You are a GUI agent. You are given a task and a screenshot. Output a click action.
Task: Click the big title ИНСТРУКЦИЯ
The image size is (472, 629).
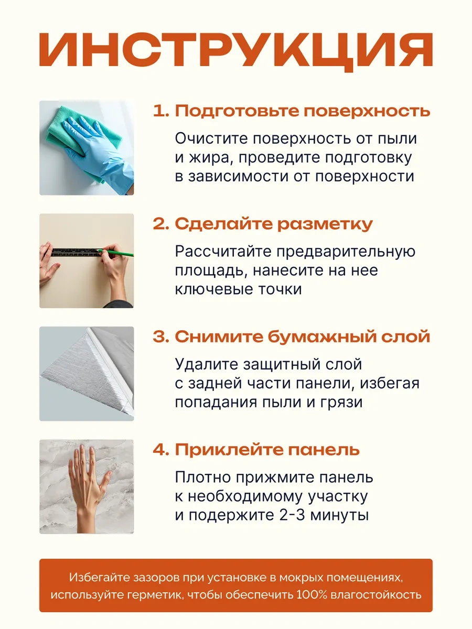[x=236, y=51]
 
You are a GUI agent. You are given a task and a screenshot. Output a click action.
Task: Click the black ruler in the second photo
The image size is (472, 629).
[x=77, y=252]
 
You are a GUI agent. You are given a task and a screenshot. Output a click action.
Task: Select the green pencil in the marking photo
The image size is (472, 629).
[x=116, y=253]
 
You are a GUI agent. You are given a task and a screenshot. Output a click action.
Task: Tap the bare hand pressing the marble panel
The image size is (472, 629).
[x=88, y=494]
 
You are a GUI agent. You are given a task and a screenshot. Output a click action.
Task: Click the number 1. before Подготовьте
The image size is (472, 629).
[x=161, y=111]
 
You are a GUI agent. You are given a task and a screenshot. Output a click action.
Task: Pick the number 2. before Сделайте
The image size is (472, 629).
[x=161, y=224]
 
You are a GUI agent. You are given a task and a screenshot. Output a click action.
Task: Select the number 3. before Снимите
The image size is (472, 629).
[x=161, y=337]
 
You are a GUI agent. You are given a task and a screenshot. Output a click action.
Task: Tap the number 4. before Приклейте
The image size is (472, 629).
[x=161, y=450]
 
